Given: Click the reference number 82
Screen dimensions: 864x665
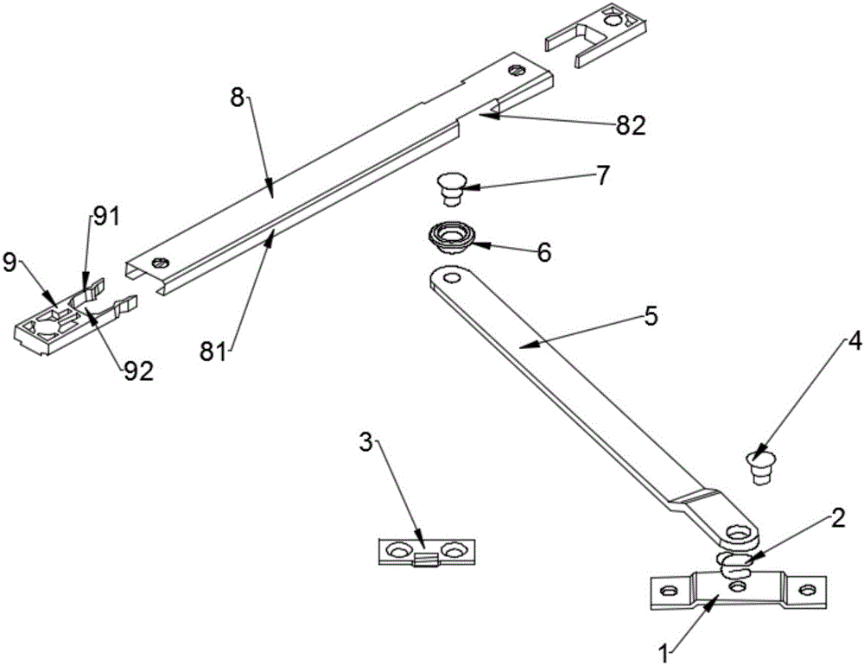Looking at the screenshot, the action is pos(631,127).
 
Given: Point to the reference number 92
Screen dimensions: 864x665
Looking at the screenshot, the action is pos(139,372).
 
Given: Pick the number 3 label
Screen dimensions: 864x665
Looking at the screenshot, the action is pos(366,444).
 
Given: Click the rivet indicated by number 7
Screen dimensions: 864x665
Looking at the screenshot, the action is pos(451,189).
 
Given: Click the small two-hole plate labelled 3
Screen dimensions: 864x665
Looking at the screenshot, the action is pos(427,552).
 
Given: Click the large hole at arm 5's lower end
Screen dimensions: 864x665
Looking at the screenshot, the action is pos(737,533).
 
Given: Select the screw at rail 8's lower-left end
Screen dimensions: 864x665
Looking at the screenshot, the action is pos(162,263).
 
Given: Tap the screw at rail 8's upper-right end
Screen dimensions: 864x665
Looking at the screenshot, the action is pos(517,70).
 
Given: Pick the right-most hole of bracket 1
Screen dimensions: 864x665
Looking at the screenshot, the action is pos(807,590).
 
